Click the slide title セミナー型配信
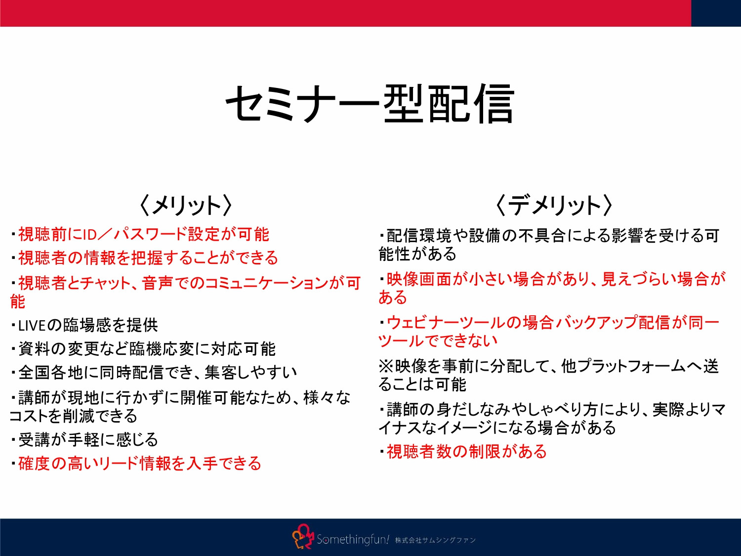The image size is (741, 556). [370, 104]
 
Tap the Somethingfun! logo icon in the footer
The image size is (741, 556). [302, 537]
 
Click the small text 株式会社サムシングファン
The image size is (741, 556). [435, 540]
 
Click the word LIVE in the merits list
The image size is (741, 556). [32, 326]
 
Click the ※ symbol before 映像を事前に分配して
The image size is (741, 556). [386, 366]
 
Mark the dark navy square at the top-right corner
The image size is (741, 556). [716, 13]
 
